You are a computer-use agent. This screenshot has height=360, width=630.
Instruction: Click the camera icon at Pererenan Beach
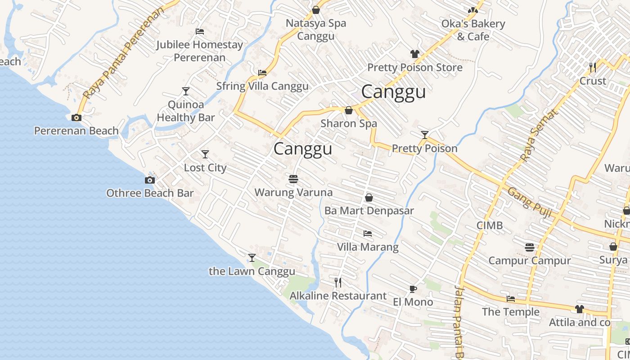[76, 117]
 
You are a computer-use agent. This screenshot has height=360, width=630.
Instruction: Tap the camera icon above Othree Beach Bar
[150, 180]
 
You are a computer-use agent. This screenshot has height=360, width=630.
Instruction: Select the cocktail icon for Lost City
[205, 154]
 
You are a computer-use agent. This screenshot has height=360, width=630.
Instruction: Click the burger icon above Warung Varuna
[293, 179]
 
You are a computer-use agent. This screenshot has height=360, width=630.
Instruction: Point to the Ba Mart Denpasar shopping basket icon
[369, 198]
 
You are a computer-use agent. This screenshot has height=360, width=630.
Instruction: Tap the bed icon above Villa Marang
[368, 234]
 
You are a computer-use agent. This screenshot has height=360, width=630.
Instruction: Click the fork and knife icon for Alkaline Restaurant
[338, 283]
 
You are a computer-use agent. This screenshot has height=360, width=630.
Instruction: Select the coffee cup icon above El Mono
[413, 289]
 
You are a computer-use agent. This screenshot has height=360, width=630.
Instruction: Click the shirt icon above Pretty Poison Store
[415, 54]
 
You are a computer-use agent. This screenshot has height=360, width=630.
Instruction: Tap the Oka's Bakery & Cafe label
[473, 30]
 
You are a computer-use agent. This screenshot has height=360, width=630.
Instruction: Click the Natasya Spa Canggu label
[316, 30]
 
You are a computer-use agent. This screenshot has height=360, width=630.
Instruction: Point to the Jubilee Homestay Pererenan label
[199, 51]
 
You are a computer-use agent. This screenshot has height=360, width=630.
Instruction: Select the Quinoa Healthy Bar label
[186, 111]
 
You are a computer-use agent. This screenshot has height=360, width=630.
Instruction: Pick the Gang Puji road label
[530, 202]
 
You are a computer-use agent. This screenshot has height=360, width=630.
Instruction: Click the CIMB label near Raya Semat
[490, 225]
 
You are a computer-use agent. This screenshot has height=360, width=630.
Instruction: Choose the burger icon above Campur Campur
[530, 247]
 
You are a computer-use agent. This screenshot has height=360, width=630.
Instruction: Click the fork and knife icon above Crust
[593, 67]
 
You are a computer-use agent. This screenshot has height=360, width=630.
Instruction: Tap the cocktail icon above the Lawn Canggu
[252, 258]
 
